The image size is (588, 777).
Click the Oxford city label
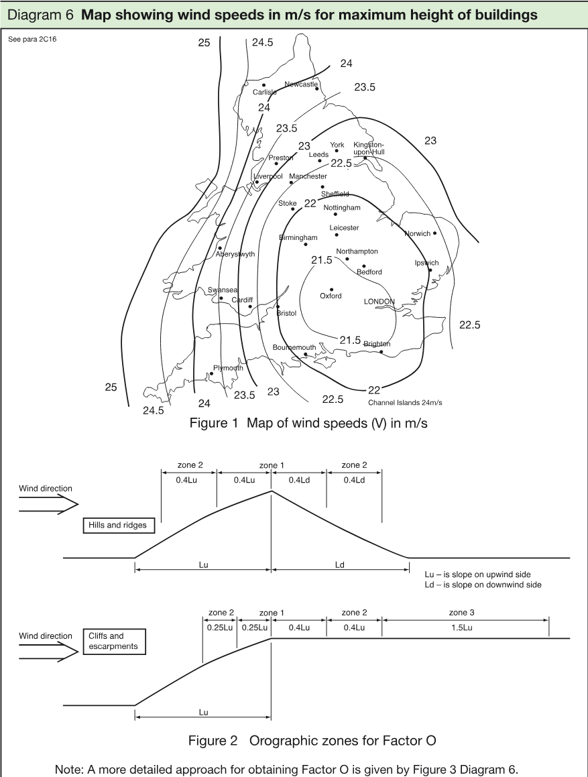pyautogui.click(x=331, y=296)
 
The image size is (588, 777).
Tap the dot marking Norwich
pyautogui.click(x=435, y=233)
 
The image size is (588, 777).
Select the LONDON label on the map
pyautogui.click(x=379, y=301)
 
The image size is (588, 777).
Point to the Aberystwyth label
pyautogui.click(x=235, y=254)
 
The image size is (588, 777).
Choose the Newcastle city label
pyautogui.click(x=301, y=84)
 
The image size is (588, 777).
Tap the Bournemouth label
pyautogui.click(x=294, y=347)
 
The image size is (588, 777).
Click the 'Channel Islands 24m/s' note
pyautogui.click(x=405, y=403)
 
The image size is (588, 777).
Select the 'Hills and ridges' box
pyautogui.click(x=118, y=526)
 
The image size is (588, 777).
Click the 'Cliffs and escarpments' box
pyautogui.click(x=114, y=642)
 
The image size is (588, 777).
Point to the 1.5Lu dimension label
pyautogui.click(x=461, y=628)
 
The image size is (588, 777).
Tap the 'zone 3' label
pyautogui.click(x=461, y=613)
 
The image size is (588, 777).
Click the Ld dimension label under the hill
pyautogui.click(x=340, y=565)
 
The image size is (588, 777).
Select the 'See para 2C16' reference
pyautogui.click(x=32, y=39)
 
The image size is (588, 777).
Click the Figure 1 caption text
pyautogui.click(x=308, y=423)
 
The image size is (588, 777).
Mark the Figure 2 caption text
pyautogui.click(x=312, y=741)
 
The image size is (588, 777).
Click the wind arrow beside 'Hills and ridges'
pyautogui.click(x=48, y=504)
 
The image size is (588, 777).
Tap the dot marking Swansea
pyautogui.click(x=221, y=298)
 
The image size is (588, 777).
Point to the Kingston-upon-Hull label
pyautogui.click(x=369, y=148)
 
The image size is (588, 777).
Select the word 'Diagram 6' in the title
pyautogui.click(x=41, y=15)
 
